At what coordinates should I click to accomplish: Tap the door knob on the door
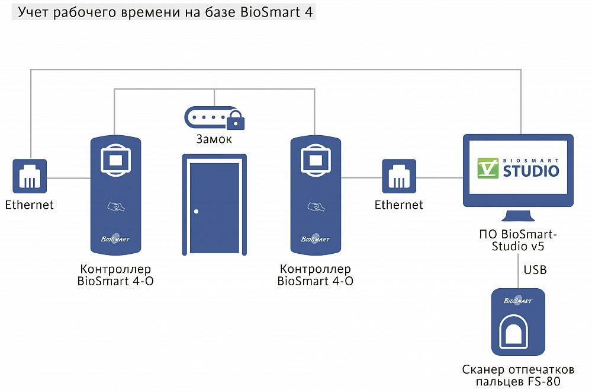click(x=197, y=212)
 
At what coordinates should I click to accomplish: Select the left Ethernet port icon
click(x=30, y=176)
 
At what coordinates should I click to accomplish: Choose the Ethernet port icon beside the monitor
click(x=399, y=176)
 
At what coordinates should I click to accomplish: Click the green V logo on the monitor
click(x=488, y=168)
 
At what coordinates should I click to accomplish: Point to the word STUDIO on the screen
click(x=531, y=171)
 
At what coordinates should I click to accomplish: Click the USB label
click(x=535, y=270)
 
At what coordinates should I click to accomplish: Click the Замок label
click(x=214, y=139)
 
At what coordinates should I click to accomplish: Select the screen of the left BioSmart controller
click(x=116, y=160)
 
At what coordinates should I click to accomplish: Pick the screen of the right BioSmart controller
click(x=316, y=160)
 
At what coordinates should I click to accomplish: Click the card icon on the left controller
click(x=116, y=206)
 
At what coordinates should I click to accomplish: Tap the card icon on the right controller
click(x=316, y=206)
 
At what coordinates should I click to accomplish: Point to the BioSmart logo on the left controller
click(x=115, y=238)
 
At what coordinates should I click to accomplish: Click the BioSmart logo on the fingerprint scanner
click(x=518, y=301)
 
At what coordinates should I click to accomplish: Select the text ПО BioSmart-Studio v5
click(x=518, y=240)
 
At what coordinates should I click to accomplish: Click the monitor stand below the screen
click(x=519, y=216)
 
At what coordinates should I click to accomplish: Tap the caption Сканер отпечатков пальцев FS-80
click(x=519, y=375)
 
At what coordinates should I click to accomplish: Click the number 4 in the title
click(x=308, y=12)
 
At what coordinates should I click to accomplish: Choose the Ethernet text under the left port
click(x=30, y=205)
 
